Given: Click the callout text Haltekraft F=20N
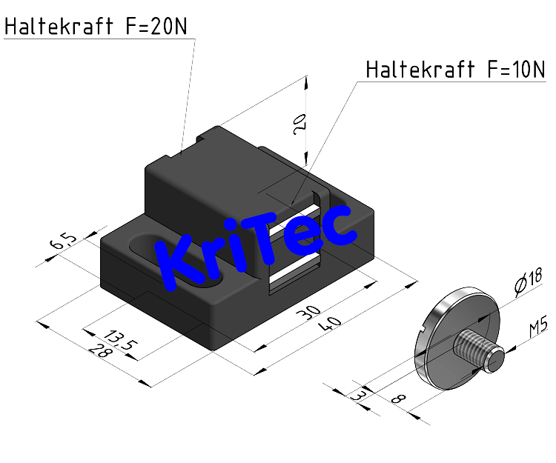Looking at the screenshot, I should coord(97,27).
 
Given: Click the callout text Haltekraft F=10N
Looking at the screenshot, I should coord(456,70).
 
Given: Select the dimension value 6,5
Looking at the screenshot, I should coord(62,242).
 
